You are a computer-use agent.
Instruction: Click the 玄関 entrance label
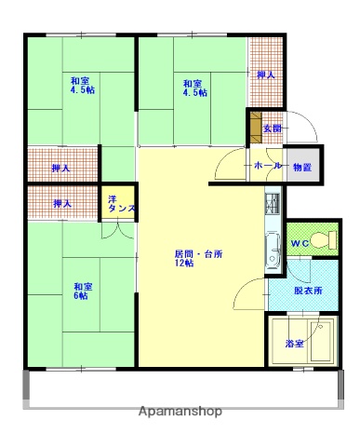pos(272,128)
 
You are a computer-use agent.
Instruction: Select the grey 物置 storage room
pos(302,167)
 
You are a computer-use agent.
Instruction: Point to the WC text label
pos(300,244)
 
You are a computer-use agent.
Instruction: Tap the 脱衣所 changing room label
pos(308,291)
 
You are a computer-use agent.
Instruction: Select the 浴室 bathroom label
pos(294,345)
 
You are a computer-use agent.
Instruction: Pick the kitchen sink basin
pos(273,249)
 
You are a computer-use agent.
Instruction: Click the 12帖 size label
pos(183,264)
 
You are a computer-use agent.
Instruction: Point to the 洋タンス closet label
pos(119,205)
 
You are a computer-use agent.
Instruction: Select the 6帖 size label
pos(82,296)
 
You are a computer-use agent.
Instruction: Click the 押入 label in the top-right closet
pos(265,75)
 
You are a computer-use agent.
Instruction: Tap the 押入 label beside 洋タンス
pos(61,202)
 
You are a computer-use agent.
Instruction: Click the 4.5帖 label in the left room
pos(82,90)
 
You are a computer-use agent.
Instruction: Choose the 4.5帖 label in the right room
pos(195,93)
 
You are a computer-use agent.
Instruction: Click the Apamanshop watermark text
pos(180,411)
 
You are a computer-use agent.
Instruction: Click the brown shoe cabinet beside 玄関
pos(254,126)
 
